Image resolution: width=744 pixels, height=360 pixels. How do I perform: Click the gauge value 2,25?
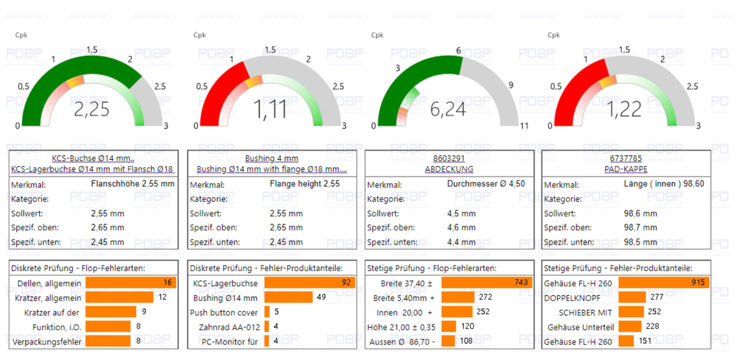(92, 109)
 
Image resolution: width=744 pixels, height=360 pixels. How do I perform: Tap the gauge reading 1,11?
(270, 109)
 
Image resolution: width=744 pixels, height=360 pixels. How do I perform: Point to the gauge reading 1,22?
(625, 109)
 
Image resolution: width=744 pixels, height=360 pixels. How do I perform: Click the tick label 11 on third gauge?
(524, 126)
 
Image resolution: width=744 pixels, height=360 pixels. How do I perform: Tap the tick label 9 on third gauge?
(511, 85)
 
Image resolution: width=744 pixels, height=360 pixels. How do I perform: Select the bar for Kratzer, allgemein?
(119, 297)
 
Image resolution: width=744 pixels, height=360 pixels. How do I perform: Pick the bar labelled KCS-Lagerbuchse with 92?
(309, 283)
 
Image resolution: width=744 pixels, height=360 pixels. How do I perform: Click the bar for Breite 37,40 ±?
(487, 283)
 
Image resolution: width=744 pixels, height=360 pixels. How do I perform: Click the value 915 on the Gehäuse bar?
(697, 283)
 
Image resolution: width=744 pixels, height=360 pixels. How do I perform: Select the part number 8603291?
(449, 158)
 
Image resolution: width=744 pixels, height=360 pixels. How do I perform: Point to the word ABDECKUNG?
(449, 169)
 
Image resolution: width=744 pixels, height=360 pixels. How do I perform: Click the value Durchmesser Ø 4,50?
(486, 184)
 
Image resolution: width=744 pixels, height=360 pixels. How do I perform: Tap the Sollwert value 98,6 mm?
(641, 213)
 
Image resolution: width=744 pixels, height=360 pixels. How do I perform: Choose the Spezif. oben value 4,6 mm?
(461, 228)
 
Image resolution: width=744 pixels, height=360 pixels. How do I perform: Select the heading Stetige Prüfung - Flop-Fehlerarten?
(431, 268)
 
